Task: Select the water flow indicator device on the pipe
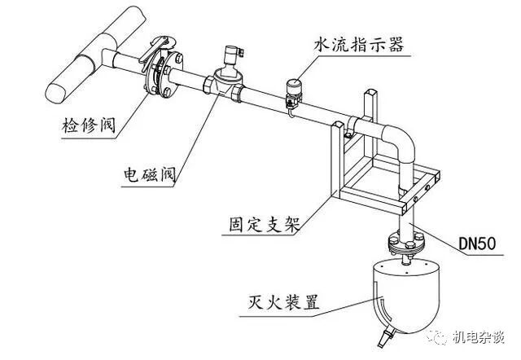[292, 89]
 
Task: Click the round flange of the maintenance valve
[163, 75]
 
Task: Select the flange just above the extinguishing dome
[404, 243]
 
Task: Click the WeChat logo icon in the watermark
[440, 336]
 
